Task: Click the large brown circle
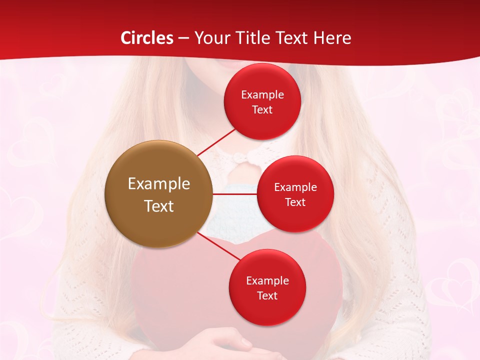[x=158, y=194]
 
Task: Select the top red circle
[x=262, y=101]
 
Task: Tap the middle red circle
[x=295, y=194]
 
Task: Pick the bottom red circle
[x=267, y=287]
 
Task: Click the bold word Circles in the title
[x=147, y=38]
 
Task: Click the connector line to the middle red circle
[x=234, y=194]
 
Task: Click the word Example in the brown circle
[x=159, y=184]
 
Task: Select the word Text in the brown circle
[x=159, y=205]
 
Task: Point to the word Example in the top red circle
[x=262, y=95]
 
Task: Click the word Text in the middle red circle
[x=295, y=202]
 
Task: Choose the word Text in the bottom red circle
[x=267, y=296]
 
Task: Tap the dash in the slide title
[x=183, y=38]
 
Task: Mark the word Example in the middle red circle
[x=295, y=187]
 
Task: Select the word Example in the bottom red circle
[x=267, y=281]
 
